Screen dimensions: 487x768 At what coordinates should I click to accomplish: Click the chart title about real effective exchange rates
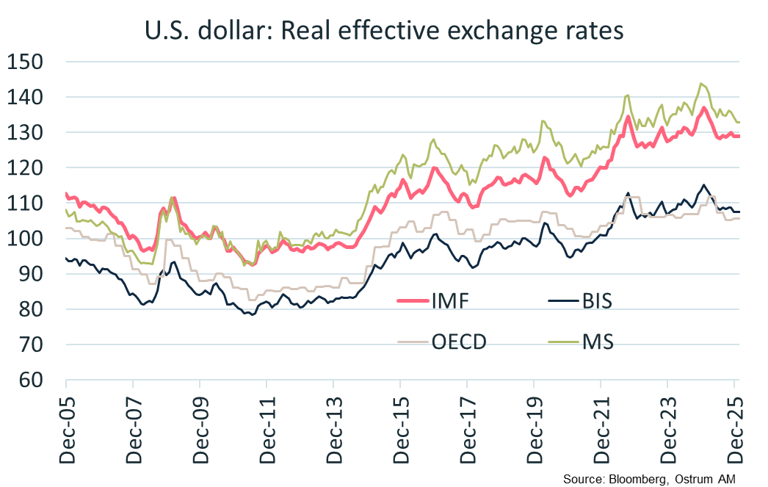pyautogui.click(x=384, y=31)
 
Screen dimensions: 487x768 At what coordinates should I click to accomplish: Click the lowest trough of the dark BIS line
pyautogui.click(x=253, y=314)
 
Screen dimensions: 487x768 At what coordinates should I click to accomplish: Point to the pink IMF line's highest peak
pyautogui.click(x=703, y=108)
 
